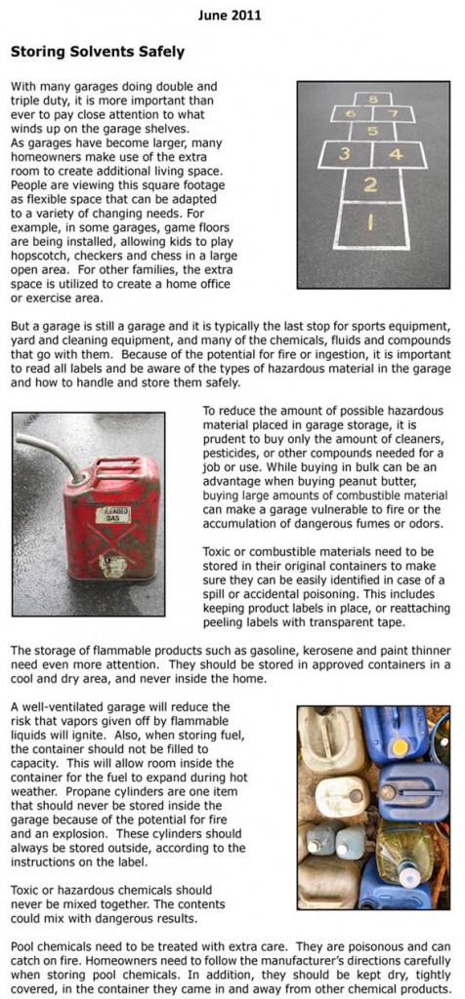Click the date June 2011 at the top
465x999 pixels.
(232, 16)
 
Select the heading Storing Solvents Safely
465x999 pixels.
(97, 51)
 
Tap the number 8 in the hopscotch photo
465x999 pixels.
(372, 99)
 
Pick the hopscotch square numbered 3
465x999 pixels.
(343, 154)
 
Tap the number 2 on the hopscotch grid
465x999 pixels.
(370, 185)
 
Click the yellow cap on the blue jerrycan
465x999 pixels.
(400, 746)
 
